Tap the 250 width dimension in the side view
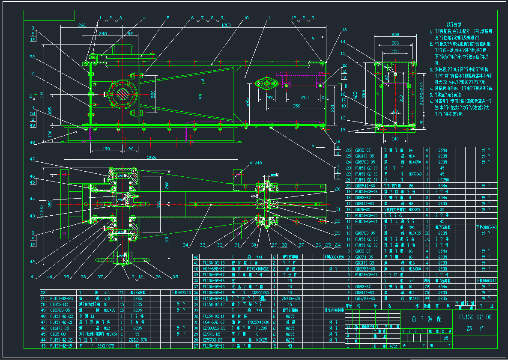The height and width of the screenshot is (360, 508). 395,34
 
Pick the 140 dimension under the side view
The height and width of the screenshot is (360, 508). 394,139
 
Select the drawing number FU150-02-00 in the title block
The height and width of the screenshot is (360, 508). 475,317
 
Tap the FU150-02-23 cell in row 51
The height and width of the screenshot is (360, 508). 61,298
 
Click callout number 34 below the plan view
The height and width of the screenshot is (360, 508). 185,245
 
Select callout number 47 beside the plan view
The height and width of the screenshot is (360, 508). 32,159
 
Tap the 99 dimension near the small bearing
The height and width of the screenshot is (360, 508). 270,98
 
